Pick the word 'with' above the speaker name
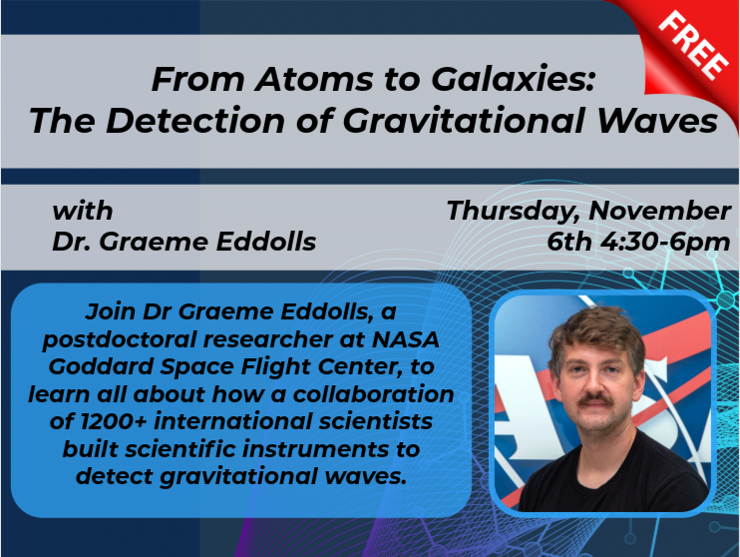[83, 211]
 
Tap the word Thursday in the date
[513, 211]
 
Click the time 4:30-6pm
[668, 243]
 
